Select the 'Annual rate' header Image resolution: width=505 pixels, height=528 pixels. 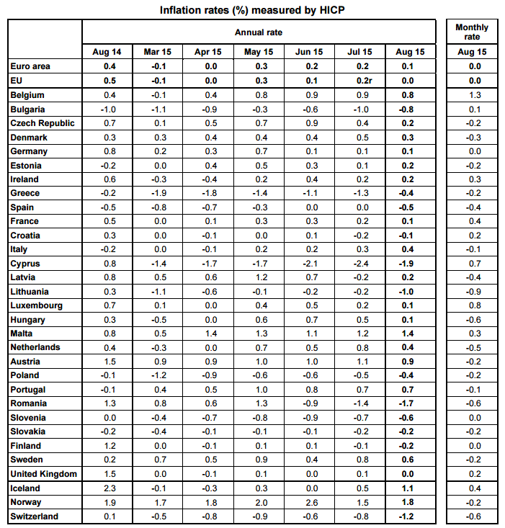coord(259,32)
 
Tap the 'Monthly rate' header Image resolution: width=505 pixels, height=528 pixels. coord(472,32)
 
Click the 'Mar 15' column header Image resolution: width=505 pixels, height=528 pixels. coord(157,53)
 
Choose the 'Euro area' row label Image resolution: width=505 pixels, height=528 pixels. coord(30,66)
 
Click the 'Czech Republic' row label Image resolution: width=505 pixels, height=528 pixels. coord(41,123)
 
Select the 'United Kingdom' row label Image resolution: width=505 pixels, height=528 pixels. coord(43,474)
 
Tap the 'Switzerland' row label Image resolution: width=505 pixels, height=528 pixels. coord(35,516)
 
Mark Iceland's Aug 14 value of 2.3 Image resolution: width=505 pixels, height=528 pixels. coord(110,488)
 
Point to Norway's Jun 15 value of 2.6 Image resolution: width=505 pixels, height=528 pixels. coord(311,502)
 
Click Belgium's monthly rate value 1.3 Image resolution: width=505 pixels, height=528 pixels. coord(474,95)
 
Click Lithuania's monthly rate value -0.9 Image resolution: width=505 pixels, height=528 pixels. coord(473,292)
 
